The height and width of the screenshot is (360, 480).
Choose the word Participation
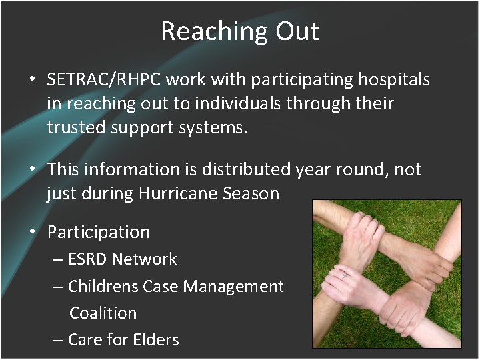point(99,233)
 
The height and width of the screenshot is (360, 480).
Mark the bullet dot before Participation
point(32,233)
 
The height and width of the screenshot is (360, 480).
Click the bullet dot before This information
point(32,169)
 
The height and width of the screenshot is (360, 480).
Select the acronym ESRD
point(89,259)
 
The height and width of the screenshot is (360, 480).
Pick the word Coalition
point(103,313)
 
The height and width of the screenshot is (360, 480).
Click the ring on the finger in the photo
point(345,275)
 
